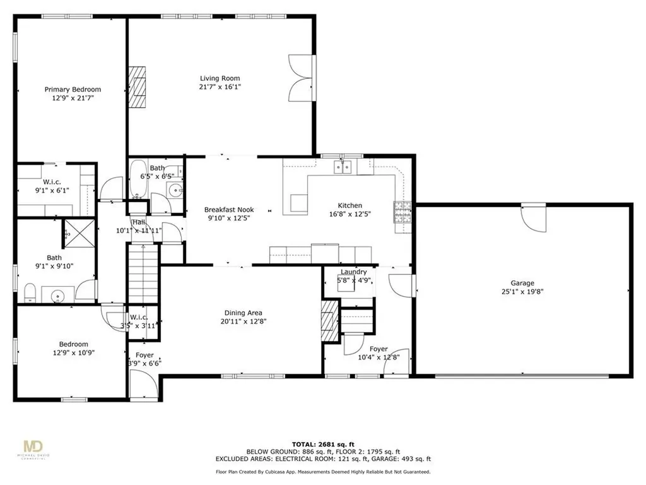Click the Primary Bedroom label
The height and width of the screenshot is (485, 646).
pos(73,90)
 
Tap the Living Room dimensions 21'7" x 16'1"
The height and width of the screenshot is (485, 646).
pos(220,87)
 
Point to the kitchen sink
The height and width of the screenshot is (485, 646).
pos(343,167)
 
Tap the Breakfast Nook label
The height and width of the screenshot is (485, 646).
pos(228,210)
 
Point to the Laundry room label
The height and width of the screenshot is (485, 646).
pos(353,272)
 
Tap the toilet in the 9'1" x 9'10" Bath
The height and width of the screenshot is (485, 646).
pos(29,292)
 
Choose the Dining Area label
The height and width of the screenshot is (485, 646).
pos(243,313)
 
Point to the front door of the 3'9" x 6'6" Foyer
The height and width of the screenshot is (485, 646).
pos(139,384)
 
